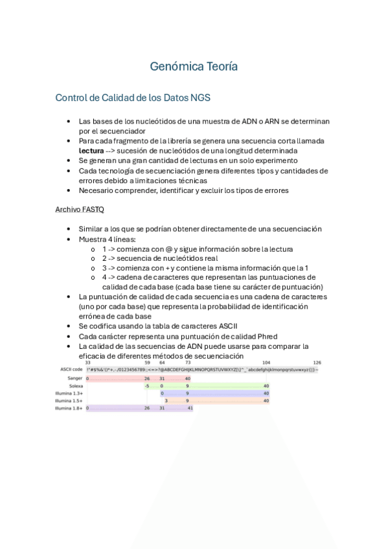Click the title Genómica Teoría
194,67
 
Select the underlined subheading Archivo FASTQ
79,210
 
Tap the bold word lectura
91,150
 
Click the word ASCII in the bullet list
240,326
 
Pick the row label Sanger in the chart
74,378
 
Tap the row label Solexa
75,386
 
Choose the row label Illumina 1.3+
69,394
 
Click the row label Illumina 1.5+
69,401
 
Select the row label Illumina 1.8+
69,409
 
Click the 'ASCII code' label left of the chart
71,370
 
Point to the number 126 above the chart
317,363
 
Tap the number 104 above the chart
266,363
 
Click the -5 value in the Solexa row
147,386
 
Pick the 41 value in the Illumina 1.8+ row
190,409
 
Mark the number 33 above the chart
87,363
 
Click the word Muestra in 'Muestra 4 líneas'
94,239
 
